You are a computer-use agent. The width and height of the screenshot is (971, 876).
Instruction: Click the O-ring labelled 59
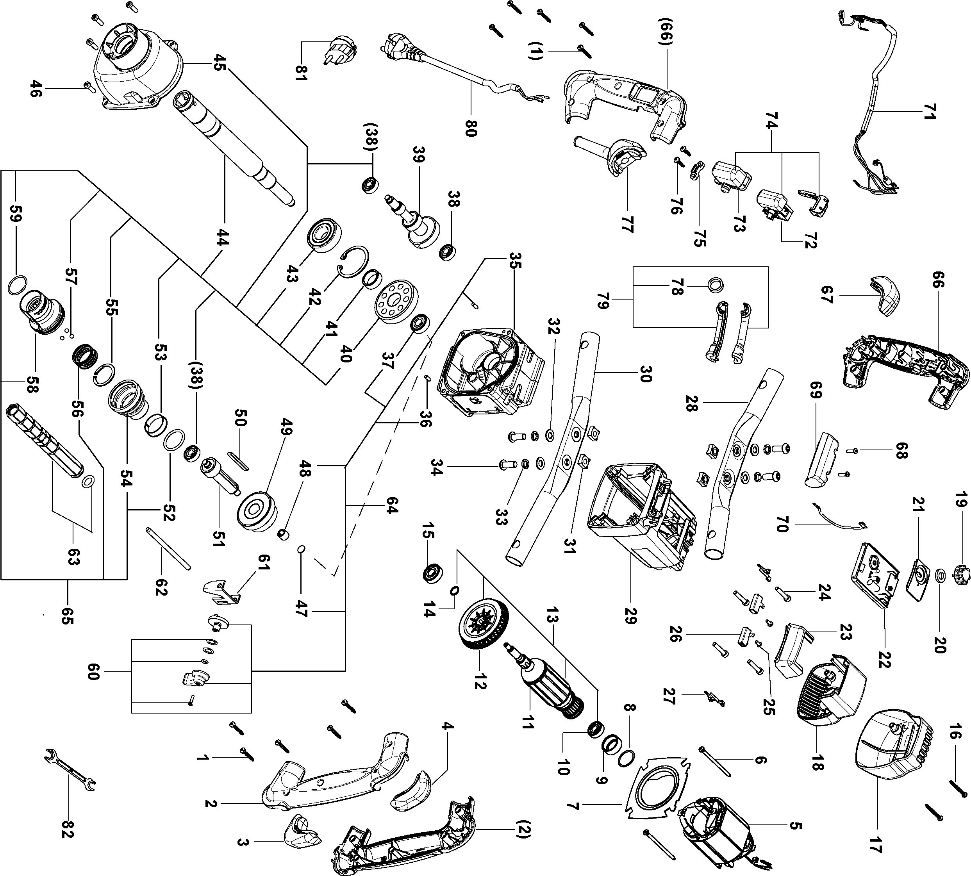click(x=17, y=286)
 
